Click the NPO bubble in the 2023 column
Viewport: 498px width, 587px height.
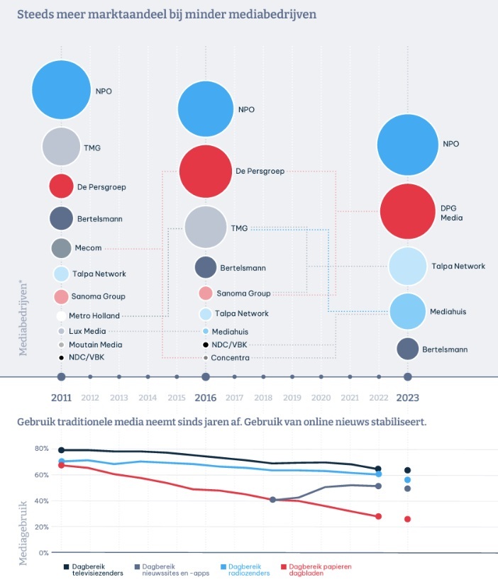(x=407, y=144)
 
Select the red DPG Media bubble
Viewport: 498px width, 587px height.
(x=407, y=211)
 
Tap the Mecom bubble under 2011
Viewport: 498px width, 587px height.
(x=61, y=248)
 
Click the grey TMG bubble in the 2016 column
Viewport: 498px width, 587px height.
(x=205, y=228)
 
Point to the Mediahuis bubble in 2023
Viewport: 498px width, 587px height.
(x=407, y=311)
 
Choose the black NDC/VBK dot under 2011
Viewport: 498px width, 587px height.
(x=62, y=357)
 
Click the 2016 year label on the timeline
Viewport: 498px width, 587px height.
(x=205, y=397)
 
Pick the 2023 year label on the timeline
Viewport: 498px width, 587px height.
(x=407, y=397)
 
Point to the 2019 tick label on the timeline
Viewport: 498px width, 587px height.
(x=292, y=397)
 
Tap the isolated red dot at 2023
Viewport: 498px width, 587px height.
(x=407, y=519)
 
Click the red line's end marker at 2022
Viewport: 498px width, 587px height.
(x=378, y=516)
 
